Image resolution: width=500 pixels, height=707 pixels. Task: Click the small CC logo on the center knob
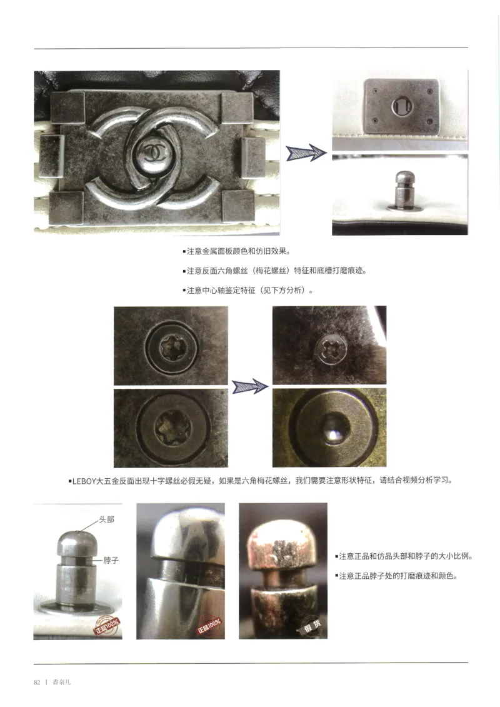coord(152,151)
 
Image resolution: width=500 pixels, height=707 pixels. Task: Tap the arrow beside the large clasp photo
coord(306,153)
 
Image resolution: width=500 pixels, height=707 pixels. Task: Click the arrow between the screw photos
coord(249,387)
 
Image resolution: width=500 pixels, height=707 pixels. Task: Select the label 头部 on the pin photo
coord(106,519)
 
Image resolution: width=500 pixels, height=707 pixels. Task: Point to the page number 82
coord(37,682)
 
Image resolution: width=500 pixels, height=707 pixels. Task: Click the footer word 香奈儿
coord(62,682)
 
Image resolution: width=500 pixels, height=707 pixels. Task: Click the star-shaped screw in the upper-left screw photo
coord(170,345)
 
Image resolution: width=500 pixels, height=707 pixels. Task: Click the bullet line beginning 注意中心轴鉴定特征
coord(248,291)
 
